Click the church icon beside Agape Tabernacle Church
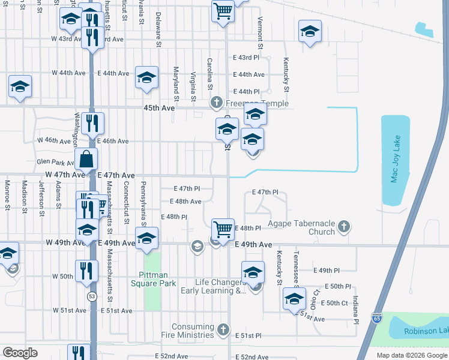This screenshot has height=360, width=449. (x=343, y=227)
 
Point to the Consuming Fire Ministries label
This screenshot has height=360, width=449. (x=193, y=331)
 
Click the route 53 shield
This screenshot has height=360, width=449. (x=92, y=296)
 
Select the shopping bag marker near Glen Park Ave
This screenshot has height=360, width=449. (x=86, y=160)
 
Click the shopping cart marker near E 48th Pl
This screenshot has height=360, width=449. (x=223, y=229)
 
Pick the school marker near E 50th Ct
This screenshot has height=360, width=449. (x=294, y=298)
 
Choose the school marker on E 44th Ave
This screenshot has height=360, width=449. (x=146, y=77)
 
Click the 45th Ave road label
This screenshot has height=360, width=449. (x=159, y=108)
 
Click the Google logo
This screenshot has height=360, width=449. (x=20, y=353)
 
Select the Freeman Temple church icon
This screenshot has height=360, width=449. (x=217, y=104)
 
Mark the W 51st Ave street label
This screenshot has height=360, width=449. (x=69, y=311)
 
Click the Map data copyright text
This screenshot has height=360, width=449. (x=411, y=355)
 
